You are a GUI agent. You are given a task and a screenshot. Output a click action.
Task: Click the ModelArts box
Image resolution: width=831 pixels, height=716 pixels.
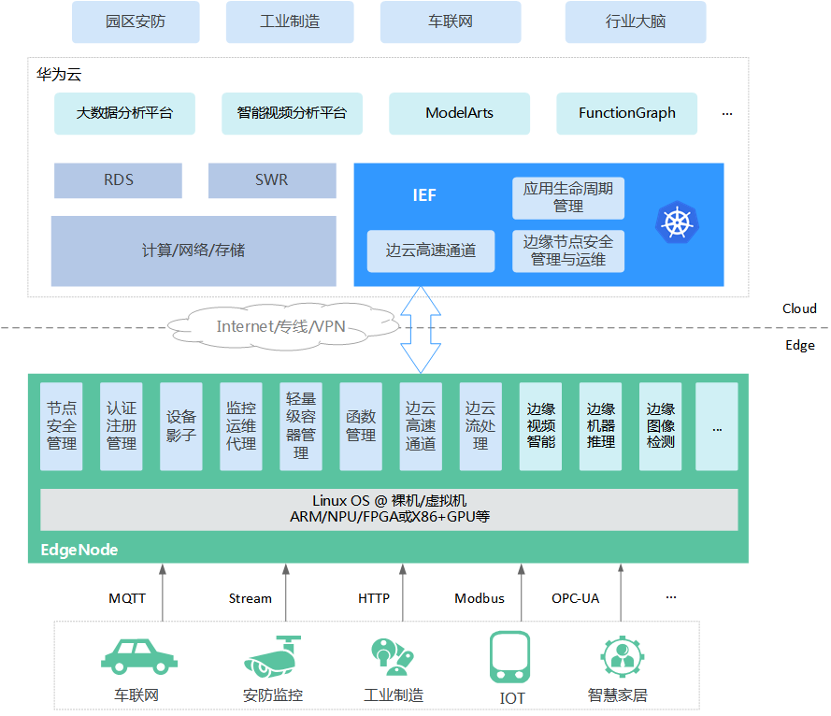459,113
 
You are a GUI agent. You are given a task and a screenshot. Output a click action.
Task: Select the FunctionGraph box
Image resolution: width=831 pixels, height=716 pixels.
626,113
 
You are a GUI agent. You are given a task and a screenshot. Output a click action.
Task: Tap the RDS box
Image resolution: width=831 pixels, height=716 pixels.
118,180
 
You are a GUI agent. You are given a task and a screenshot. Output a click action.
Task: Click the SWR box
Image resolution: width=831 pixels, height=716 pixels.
271,180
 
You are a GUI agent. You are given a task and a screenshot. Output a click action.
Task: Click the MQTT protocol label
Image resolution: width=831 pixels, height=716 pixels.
127,598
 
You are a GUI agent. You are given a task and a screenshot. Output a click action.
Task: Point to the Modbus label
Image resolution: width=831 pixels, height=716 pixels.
480,598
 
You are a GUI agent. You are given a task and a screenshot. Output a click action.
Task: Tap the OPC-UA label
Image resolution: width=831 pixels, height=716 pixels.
575,598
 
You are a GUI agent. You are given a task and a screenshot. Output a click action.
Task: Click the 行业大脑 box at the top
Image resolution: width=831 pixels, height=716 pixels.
635,21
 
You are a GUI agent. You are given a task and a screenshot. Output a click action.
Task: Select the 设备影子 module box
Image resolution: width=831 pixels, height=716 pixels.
181,426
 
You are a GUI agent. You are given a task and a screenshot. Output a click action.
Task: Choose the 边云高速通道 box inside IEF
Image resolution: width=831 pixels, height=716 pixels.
431,251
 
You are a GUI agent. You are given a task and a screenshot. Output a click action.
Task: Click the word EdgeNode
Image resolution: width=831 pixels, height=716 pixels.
79,550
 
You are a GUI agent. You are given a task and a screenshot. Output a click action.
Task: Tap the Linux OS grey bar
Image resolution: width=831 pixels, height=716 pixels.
389,508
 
